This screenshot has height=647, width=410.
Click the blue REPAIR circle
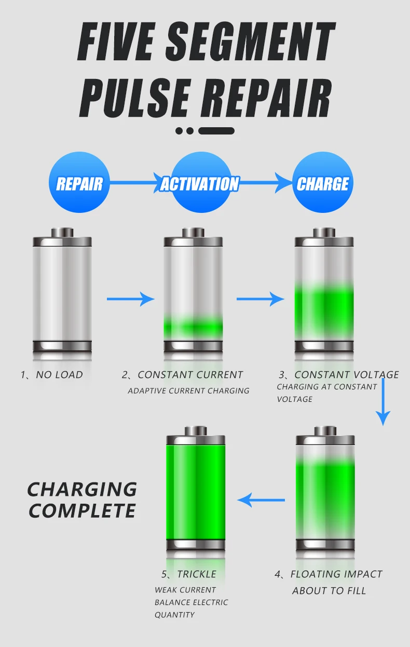tap(79, 183)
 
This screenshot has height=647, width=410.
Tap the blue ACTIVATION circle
tap(200, 183)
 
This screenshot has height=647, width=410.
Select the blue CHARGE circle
tap(322, 183)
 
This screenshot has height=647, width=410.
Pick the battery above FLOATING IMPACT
tap(325, 491)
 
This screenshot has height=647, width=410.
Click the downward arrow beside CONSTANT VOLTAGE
tap(383, 402)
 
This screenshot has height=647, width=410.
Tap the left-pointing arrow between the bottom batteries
tap(261, 500)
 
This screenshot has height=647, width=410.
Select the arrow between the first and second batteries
tap(131, 299)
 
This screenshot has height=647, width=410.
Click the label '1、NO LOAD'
tap(52, 374)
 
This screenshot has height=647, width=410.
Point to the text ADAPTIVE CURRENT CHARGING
tap(188, 390)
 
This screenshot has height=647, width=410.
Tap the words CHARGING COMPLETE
tap(82, 500)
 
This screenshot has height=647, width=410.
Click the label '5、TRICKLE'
tap(188, 574)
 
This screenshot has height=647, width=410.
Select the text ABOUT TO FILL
tap(329, 590)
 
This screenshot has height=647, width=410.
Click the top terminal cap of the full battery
tap(196, 430)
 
